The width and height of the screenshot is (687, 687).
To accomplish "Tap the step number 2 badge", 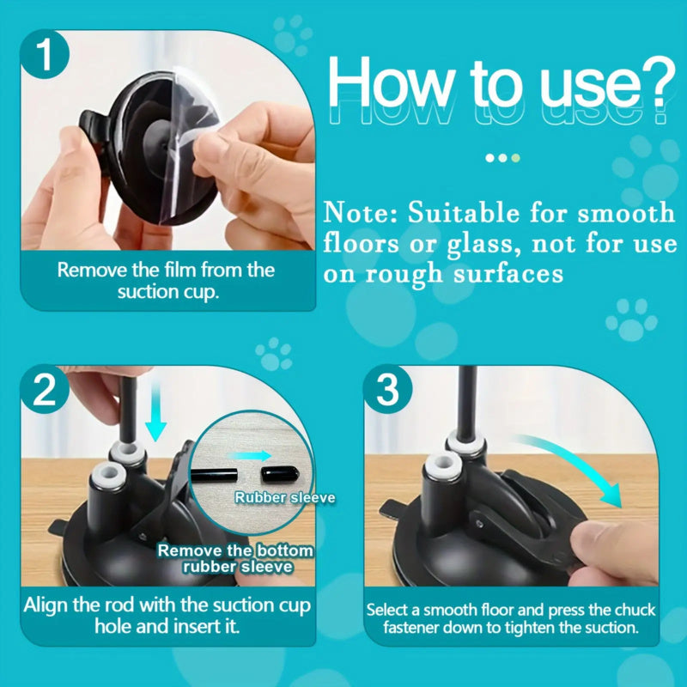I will (49, 392).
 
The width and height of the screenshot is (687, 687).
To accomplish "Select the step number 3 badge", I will (389, 392).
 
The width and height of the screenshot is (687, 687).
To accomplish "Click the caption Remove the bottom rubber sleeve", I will (235, 558).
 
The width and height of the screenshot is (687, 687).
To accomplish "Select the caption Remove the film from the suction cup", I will (166, 280).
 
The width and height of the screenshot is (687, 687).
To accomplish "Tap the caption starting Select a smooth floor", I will (511, 618).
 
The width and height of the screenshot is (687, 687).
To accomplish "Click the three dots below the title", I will (502, 158).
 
